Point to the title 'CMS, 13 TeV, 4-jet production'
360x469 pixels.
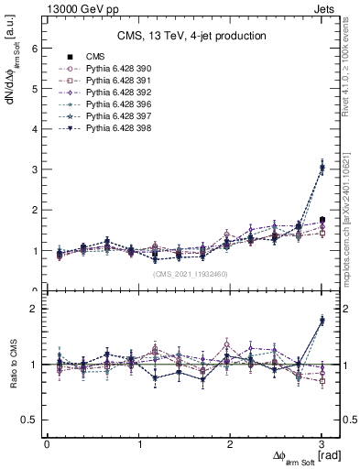[x=191, y=36]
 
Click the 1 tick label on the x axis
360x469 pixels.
[x=139, y=444]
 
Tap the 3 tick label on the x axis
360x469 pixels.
[x=322, y=444]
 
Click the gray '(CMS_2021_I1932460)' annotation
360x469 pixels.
[x=191, y=274]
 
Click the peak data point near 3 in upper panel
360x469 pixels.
[x=322, y=168]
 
